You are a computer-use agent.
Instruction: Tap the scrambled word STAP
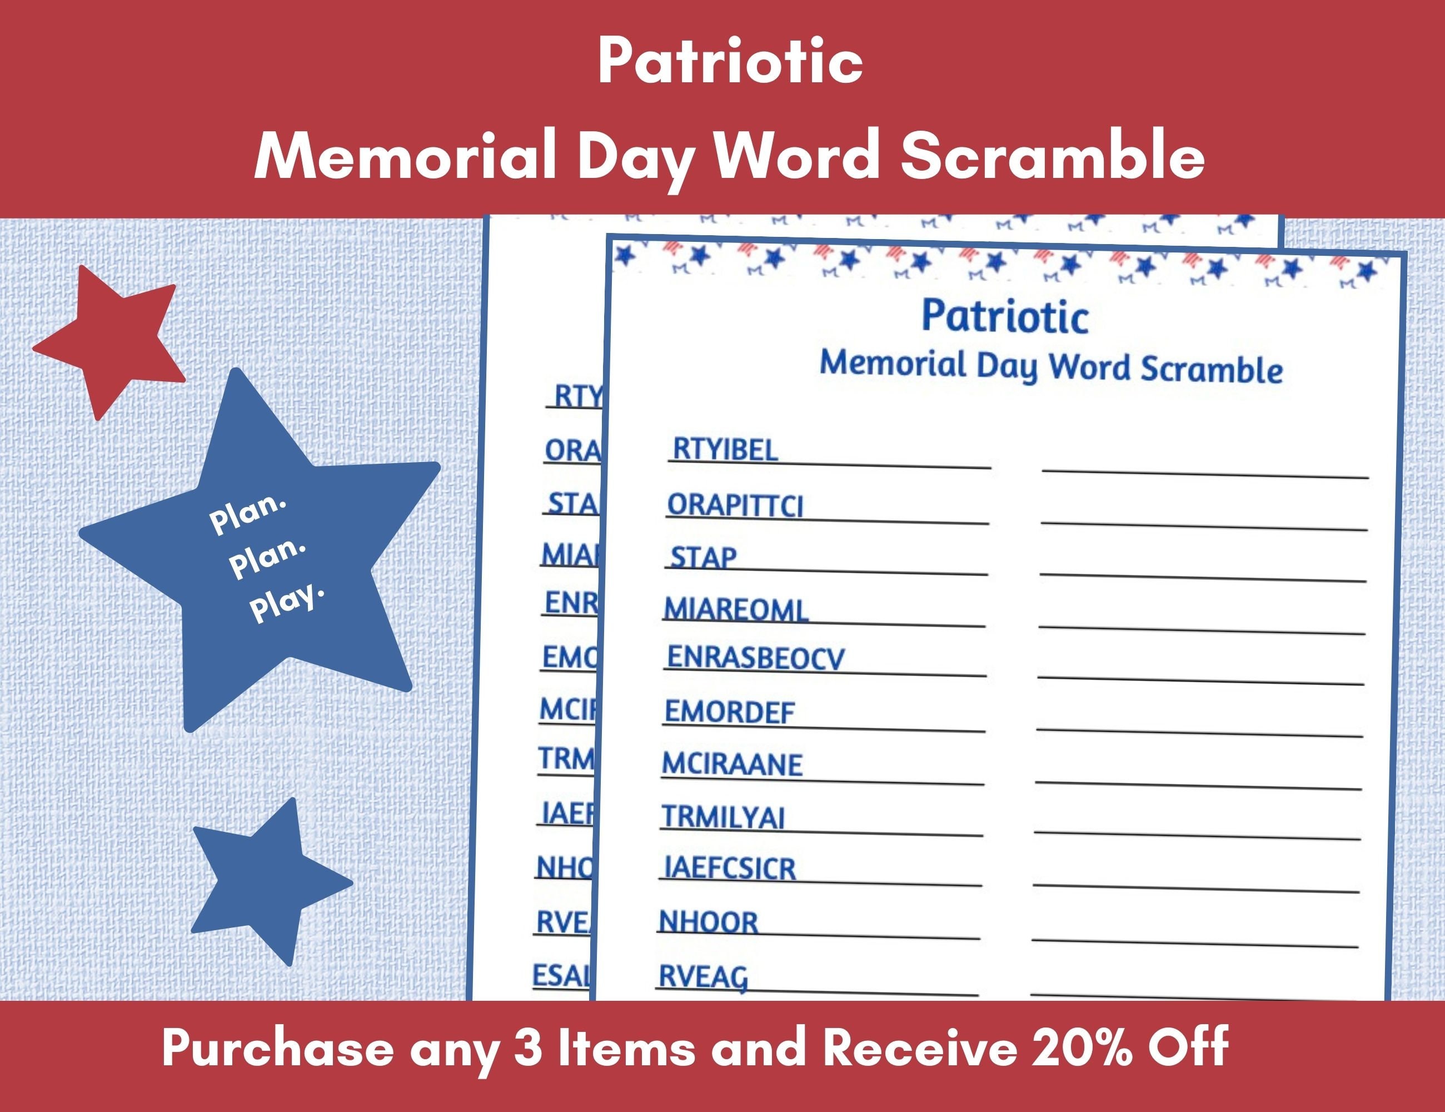pyautogui.click(x=702, y=557)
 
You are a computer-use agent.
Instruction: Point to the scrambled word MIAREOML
pyautogui.click(x=736, y=609)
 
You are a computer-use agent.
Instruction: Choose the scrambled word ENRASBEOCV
pyautogui.click(x=755, y=658)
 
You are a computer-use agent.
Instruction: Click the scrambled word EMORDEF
pyautogui.click(x=729, y=712)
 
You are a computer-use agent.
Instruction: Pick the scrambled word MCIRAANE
pyautogui.click(x=732, y=765)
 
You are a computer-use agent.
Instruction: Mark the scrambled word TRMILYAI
pyautogui.click(x=723, y=817)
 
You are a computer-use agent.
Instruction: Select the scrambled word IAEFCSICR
pyautogui.click(x=729, y=868)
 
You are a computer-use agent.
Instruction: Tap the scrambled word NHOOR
pyautogui.click(x=708, y=922)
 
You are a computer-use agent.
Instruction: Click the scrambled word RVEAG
pyautogui.click(x=702, y=977)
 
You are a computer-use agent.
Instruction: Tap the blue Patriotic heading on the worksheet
pyautogui.click(x=1004, y=316)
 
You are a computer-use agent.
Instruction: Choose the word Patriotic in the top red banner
pyautogui.click(x=730, y=61)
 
